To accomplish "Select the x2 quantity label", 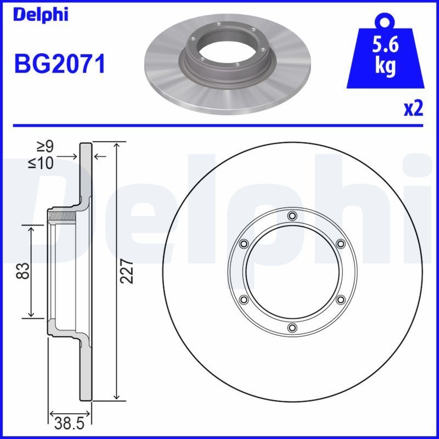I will pos(414,109).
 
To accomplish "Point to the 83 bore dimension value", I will pos(24,271).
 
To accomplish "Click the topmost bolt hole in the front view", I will pos(292,215).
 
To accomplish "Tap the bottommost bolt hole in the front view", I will pos(292,328).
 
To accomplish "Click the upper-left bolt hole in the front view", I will pos(244,243).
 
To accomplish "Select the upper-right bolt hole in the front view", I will pos(340,243).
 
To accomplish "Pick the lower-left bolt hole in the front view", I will pos(244,300).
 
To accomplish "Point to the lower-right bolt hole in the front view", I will pos(340,300).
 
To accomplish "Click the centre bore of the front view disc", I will pos(292,271).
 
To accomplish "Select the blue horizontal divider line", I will pos(219,126).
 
